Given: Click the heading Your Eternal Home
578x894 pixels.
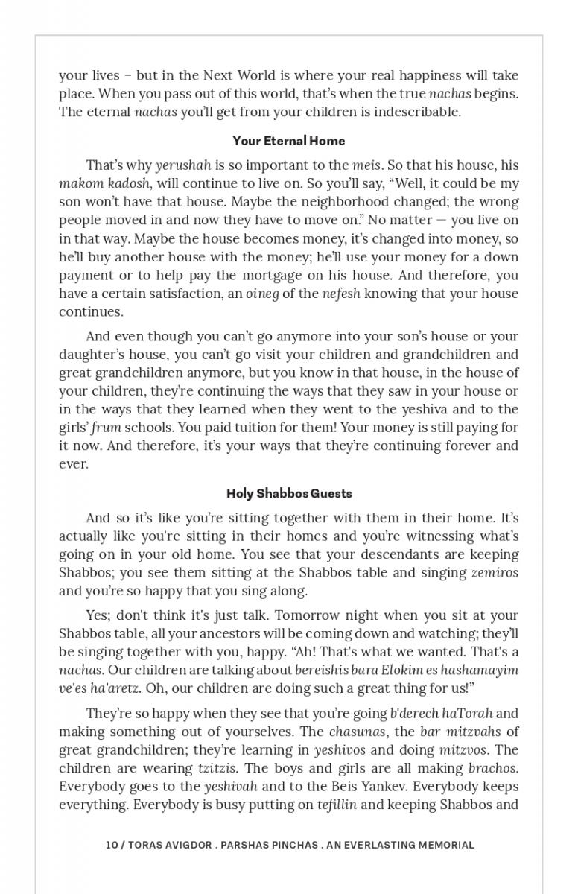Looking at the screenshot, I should coord(288,141).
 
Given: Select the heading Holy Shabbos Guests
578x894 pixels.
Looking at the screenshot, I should coord(289,493).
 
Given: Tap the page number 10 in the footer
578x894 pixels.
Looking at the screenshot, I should coord(112,845).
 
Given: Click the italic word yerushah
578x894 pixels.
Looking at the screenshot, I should coord(183,165).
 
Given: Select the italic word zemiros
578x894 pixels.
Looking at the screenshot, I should coord(495,573).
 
